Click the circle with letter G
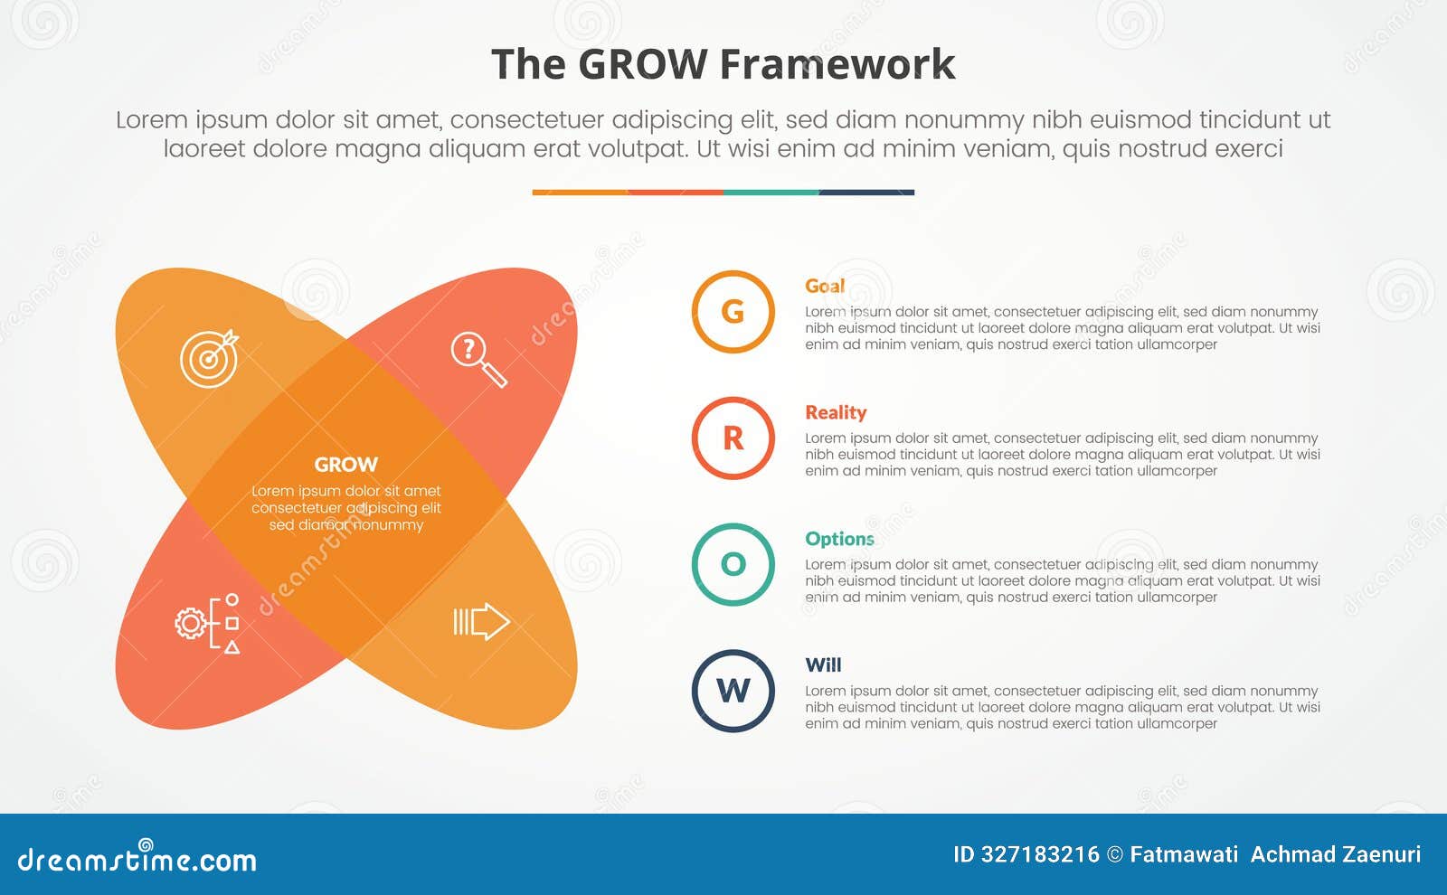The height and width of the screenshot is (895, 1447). (733, 312)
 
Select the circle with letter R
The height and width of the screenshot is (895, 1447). (733, 438)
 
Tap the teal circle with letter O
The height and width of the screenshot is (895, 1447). (733, 564)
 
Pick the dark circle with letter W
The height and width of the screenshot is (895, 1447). (733, 691)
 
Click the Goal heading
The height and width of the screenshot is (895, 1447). (825, 286)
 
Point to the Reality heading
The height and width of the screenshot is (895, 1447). (836, 412)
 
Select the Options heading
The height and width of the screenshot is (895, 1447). (839, 539)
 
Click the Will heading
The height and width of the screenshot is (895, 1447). (823, 665)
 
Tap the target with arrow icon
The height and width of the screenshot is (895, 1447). (209, 358)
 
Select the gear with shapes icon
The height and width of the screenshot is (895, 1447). (207, 624)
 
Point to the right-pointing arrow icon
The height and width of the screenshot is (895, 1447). (481, 622)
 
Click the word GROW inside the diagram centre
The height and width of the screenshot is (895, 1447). (345, 465)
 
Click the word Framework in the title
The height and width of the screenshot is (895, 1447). (837, 65)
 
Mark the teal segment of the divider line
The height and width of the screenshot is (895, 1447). (771, 193)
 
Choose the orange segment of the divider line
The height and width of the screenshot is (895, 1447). (580, 193)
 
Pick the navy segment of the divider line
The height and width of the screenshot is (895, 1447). (866, 193)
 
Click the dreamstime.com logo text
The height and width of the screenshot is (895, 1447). (137, 860)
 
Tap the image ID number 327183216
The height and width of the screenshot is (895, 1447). (1040, 854)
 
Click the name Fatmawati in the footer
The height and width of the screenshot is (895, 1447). (1184, 854)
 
